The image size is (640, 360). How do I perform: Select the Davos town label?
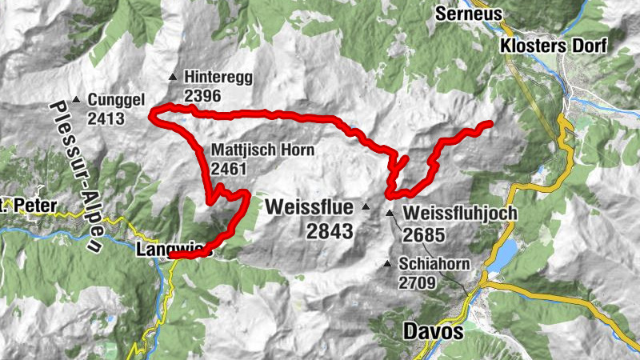point(434,331)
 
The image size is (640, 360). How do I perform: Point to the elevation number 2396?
point(201,96)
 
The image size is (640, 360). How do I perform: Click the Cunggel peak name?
point(117,100)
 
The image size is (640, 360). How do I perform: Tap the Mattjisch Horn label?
point(263,150)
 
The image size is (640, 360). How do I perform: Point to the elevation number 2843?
point(330,231)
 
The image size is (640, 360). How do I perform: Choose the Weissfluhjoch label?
point(461,214)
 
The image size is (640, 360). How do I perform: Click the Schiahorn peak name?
point(436,264)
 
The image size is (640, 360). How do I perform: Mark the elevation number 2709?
point(419,282)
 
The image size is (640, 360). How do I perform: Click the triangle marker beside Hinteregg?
point(172,78)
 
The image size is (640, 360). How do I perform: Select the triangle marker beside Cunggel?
point(76,100)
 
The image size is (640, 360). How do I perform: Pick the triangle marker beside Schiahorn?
point(388,264)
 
